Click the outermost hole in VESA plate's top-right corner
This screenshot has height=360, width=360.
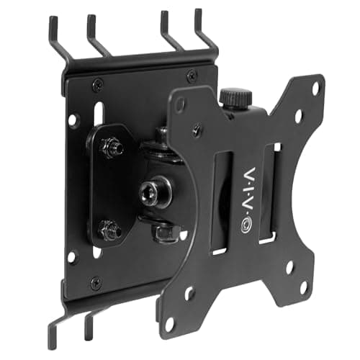coord(315,87)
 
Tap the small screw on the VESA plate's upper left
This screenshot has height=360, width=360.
coord(197,130)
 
